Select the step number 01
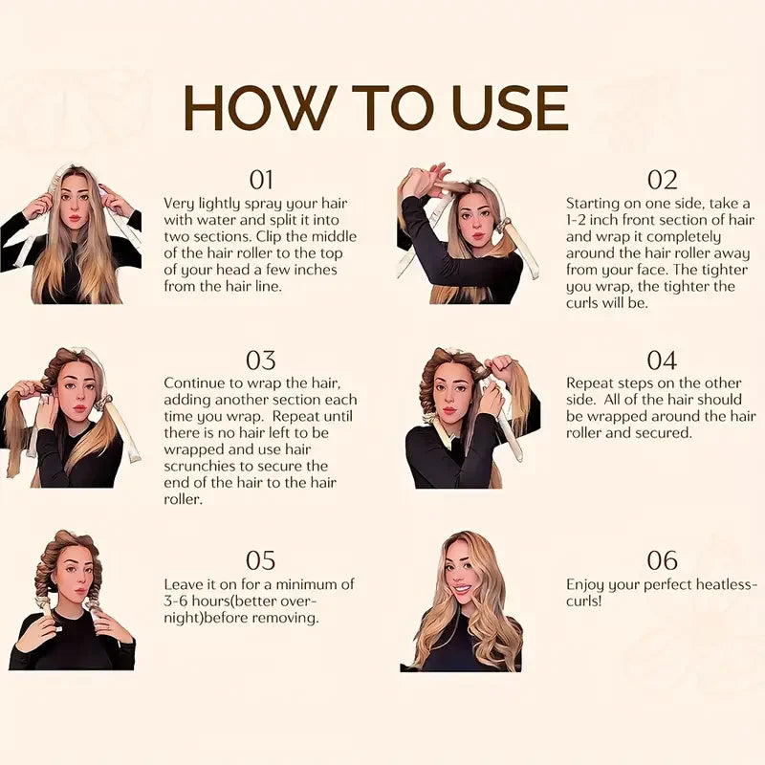click(261, 180)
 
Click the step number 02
click(662, 180)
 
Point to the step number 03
click(261, 361)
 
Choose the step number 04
click(662, 361)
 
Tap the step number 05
click(261, 560)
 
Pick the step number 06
click(662, 560)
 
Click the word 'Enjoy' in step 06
click(587, 584)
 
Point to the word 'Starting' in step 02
click(596, 203)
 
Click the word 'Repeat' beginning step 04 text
click(591, 382)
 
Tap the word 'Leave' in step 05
click(185, 584)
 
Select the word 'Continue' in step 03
click(198, 382)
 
